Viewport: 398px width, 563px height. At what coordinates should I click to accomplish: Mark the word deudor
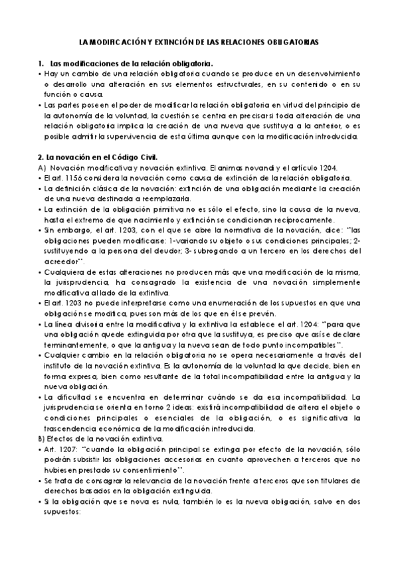pyautogui.click(x=172, y=251)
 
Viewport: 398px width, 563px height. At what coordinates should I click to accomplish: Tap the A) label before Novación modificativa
pyautogui.click(x=41, y=168)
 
